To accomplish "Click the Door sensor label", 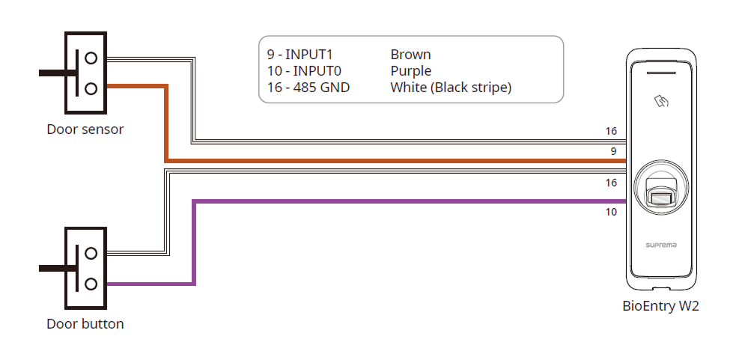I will pyautogui.click(x=85, y=129).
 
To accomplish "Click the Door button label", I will pyautogui.click(x=85, y=324).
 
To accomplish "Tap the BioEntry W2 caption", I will pyautogui.click(x=660, y=306).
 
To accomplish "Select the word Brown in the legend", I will pyautogui.click(x=410, y=55).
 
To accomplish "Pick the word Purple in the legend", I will pyautogui.click(x=411, y=71).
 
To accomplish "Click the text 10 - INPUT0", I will pyautogui.click(x=302, y=71).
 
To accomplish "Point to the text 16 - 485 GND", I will pyautogui.click(x=308, y=88).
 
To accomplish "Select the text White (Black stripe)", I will pyautogui.click(x=451, y=88).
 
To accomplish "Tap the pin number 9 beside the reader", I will pyautogui.click(x=613, y=151).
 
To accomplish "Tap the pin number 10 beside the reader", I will pyautogui.click(x=611, y=212).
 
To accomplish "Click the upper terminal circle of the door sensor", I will pyautogui.click(x=91, y=57).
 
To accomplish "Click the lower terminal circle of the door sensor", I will pyautogui.click(x=91, y=88).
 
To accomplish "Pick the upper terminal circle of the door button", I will pyautogui.click(x=91, y=253).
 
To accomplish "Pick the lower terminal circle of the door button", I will pyautogui.click(x=91, y=284).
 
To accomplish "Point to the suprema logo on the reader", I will pyautogui.click(x=660, y=245).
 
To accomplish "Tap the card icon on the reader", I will pyautogui.click(x=660, y=100).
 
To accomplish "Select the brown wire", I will pyautogui.click(x=374, y=160).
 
